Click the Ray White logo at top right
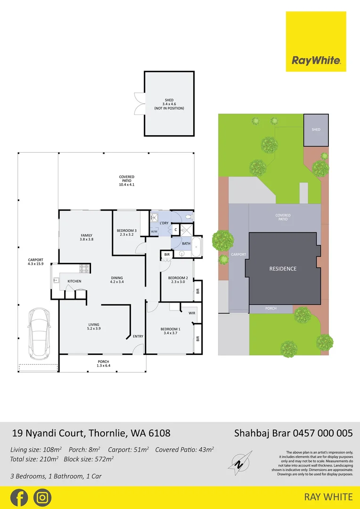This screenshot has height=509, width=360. (316, 41)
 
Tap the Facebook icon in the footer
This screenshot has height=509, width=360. (19, 498)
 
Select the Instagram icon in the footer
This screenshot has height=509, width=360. (42, 498)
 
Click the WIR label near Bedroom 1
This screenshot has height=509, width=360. (192, 313)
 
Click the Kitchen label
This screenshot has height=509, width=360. (74, 281)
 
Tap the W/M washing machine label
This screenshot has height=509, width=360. (154, 231)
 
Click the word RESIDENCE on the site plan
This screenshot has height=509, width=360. (283, 269)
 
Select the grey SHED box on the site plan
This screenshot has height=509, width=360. (316, 130)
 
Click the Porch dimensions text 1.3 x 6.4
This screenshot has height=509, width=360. (103, 365)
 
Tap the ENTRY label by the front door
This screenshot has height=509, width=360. (138, 336)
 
